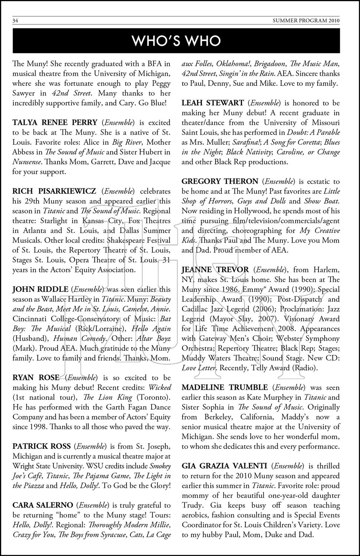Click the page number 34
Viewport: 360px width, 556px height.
(x=15, y=21)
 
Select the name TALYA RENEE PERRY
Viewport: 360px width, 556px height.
(x=55, y=122)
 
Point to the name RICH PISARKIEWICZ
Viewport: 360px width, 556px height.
(x=54, y=191)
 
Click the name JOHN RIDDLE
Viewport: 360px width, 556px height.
(x=40, y=289)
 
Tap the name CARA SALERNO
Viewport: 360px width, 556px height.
(x=43, y=505)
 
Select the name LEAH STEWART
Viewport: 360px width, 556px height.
(x=212, y=103)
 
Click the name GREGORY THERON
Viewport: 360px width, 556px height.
(x=220, y=181)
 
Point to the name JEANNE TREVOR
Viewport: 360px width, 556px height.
(x=215, y=269)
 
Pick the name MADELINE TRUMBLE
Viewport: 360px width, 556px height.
(x=224, y=387)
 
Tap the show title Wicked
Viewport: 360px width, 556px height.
(x=160, y=387)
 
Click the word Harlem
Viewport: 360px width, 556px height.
(x=326, y=269)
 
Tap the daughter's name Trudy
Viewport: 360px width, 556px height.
(x=193, y=505)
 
